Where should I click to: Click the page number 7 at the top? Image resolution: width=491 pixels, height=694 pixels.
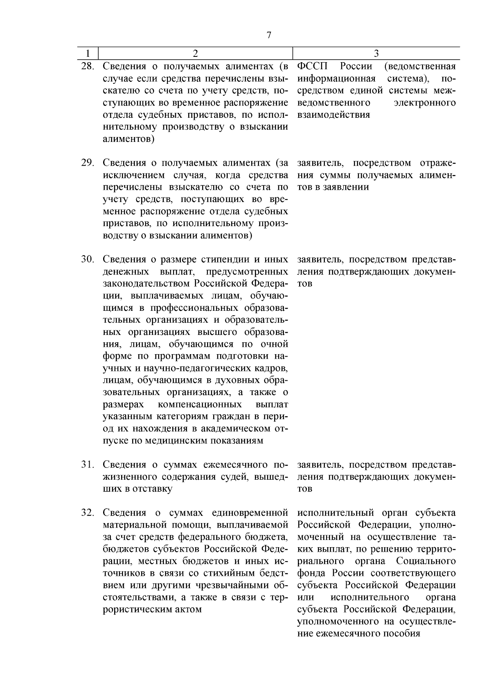coord(269,35)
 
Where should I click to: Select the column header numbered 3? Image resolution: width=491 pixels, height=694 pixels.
coord(376,53)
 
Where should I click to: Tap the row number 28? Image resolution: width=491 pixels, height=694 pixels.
coord(88,66)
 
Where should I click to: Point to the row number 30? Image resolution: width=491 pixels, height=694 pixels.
coord(88,259)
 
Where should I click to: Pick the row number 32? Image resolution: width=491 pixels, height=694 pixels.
coord(88,513)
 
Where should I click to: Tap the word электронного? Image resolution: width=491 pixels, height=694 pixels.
coord(424,103)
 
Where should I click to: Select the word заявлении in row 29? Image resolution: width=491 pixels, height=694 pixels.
coord(349,187)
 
